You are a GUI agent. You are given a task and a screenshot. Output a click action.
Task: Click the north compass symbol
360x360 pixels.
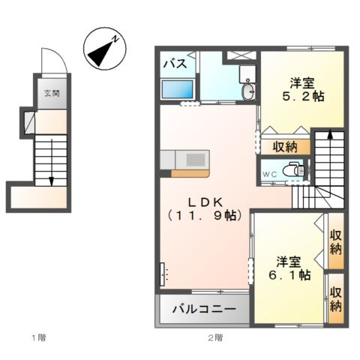105,49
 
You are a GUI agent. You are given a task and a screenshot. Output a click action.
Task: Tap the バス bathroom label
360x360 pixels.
175,63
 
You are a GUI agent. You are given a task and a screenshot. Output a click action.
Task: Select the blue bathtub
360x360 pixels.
178,89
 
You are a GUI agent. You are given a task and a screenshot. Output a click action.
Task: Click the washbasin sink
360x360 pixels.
248,90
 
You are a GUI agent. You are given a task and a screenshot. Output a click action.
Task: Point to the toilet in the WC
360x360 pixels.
294,169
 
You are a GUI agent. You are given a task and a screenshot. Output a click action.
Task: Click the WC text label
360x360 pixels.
270,175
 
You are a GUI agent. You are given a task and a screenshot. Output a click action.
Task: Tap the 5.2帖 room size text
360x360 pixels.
303,96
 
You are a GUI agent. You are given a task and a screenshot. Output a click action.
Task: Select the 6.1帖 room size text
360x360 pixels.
290,275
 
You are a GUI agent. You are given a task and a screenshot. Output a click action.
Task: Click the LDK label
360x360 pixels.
205,202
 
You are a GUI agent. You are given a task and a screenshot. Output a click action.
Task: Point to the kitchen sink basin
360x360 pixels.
196,160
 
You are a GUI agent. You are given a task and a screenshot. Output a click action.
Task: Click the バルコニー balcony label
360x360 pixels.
204,309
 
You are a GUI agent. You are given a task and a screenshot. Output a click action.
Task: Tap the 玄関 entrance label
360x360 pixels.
52,94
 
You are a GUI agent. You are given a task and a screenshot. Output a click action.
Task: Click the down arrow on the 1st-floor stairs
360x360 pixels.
52,163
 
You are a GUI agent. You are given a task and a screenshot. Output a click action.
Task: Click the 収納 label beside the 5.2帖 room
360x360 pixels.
285,147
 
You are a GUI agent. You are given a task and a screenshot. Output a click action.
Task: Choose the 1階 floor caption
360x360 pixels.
39,338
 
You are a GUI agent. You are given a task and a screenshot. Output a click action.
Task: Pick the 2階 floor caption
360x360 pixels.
215,338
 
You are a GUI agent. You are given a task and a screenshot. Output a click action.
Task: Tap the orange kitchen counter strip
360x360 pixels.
190,173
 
